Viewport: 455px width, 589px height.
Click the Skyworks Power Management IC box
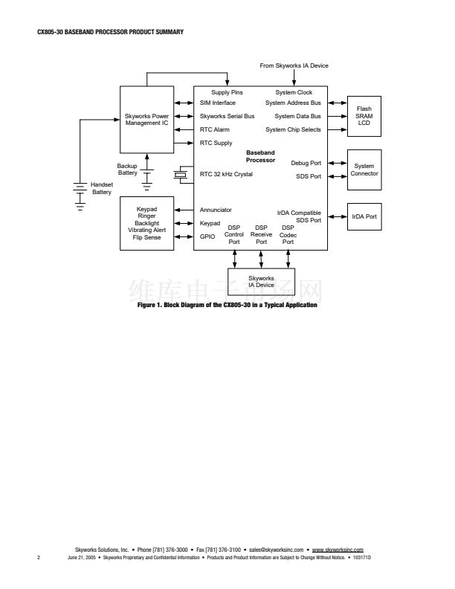pos(146,120)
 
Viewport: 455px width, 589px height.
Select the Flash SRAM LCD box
pos(364,116)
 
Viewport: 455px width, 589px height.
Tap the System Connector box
pos(364,170)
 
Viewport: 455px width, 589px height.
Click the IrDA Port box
pos(364,216)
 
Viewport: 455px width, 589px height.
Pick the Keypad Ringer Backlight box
pos(146,223)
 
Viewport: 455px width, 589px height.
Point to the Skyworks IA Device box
pos(261,282)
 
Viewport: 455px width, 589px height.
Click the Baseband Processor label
pos(260,156)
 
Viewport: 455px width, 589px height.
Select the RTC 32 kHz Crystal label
pos(226,174)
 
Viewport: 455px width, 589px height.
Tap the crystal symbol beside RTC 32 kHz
pos(181,175)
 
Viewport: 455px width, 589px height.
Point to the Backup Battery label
pos(127,170)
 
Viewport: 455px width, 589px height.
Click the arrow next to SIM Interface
pos(184,103)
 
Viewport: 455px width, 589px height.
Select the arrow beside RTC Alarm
pos(184,129)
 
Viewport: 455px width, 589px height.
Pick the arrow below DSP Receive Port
pos(261,260)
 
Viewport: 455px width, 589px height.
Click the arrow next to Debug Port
pos(338,163)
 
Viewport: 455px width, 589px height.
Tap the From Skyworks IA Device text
pos(294,65)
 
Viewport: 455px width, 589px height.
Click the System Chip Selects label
pos(293,129)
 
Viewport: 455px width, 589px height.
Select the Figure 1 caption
pos(227,305)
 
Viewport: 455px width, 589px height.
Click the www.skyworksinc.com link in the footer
pos(338,550)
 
